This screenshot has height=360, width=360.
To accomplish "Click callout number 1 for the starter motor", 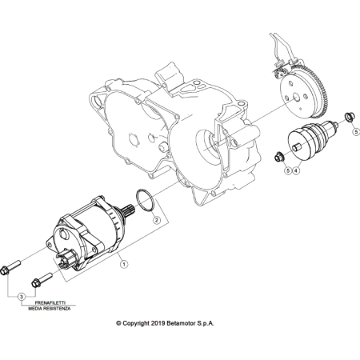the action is pos(124,264).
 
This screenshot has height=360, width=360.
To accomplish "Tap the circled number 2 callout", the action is pos(157,220).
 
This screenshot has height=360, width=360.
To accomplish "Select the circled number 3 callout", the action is pos(22,297).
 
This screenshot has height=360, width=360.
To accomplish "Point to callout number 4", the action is pos(296,170).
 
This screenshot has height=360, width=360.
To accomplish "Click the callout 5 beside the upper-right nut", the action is pos(356,132).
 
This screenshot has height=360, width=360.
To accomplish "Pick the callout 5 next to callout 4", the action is pos(287,170).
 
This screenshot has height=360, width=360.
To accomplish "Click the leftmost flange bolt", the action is pos(10,267).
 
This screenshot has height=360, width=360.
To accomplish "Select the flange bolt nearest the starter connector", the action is pos(42,279).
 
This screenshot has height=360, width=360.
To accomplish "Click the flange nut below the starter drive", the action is pos(279,157).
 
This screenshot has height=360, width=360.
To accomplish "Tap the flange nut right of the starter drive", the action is pos(349,117).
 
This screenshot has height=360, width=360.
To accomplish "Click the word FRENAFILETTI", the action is pos(50,303).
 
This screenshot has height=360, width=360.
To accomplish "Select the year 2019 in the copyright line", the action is pos(158,323).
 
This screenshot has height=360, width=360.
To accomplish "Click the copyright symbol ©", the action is pos(118,323).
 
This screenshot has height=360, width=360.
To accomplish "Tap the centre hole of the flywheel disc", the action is pos(296,98).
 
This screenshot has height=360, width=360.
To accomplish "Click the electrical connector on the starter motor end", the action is pos(65,258).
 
